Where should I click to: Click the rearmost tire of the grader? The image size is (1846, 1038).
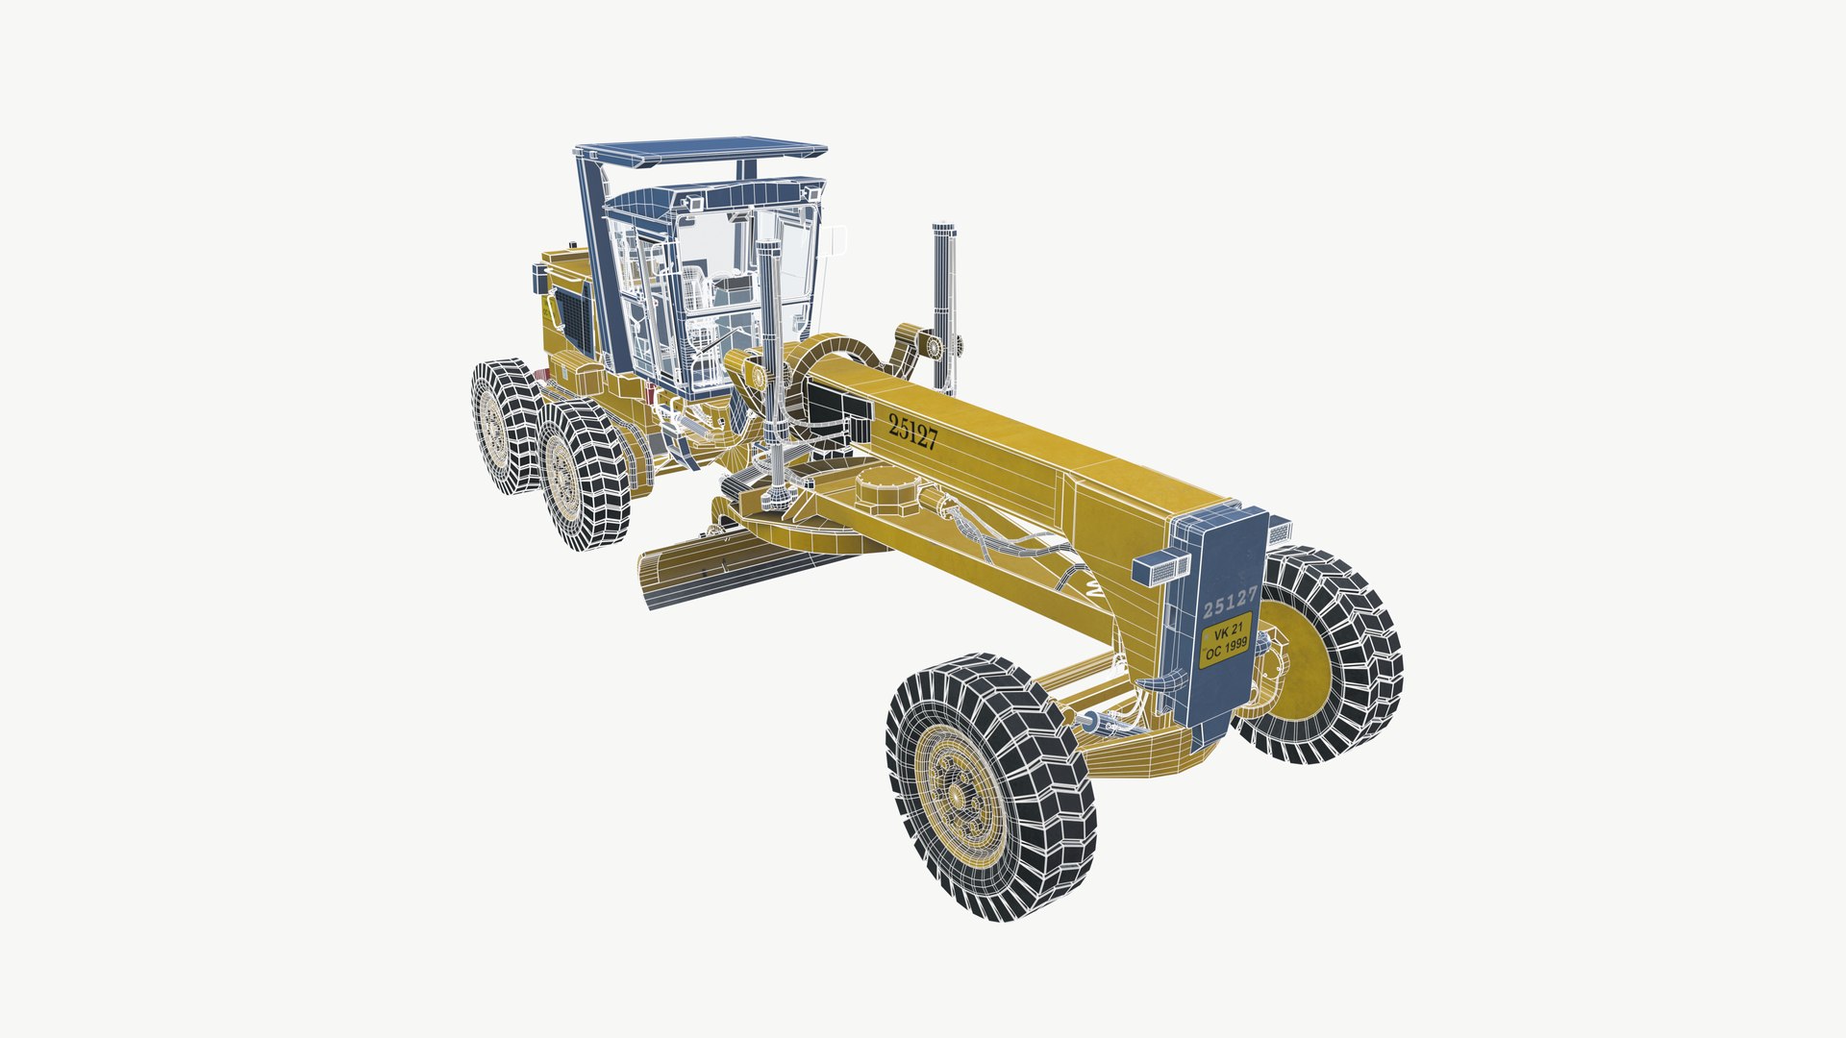(x=505, y=423)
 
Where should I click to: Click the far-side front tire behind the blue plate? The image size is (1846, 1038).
(x=1346, y=654)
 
